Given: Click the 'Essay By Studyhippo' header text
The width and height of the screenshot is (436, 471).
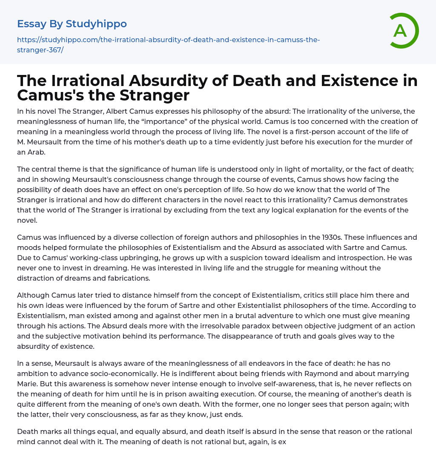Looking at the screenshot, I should (72, 24).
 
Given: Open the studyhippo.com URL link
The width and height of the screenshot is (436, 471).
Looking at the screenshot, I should (168, 45).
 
